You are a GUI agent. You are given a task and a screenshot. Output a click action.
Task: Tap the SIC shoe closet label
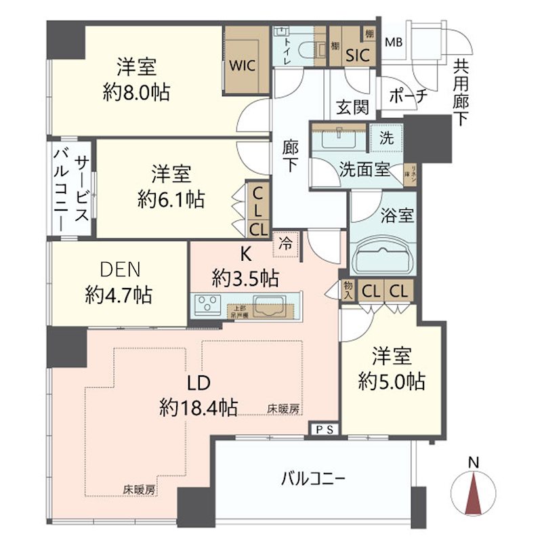357,55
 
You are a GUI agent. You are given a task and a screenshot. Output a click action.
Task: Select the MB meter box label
393,43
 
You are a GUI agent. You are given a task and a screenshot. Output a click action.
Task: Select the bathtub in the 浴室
383,255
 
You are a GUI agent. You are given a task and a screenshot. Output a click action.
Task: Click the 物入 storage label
348,291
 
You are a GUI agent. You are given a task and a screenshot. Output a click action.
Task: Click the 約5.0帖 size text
392,381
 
